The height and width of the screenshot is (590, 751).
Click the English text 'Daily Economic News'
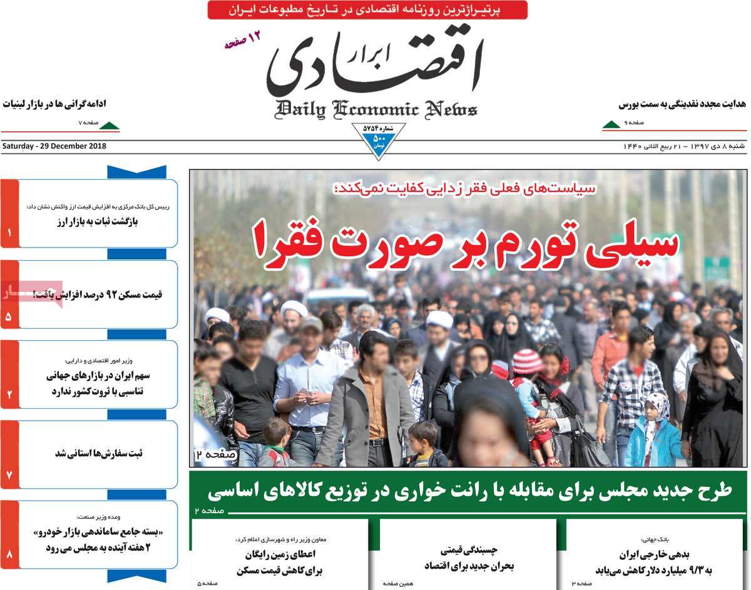pyautogui.click(x=375, y=109)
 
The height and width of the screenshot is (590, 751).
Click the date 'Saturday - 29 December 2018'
pyautogui.click(x=54, y=146)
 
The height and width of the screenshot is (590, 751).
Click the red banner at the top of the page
pyautogui.click(x=367, y=9)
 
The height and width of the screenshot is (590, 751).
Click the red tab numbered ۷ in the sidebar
pyautogui.click(x=9, y=454)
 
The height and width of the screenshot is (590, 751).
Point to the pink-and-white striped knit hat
pyautogui.click(x=527, y=361)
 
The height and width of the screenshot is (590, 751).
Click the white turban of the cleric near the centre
pyautogui.click(x=440, y=320)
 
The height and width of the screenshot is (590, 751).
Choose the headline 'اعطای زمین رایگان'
pyautogui.click(x=288, y=554)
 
